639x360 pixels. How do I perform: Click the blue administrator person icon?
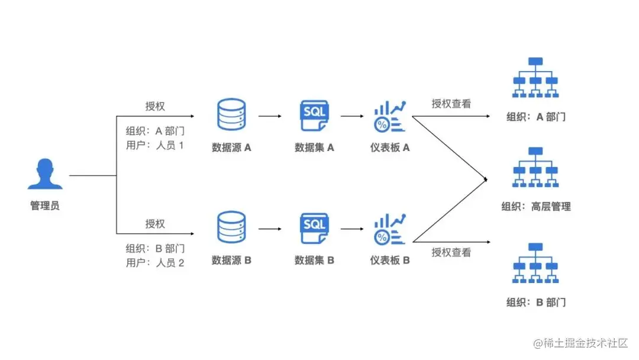click(45, 175)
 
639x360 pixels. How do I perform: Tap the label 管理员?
click(45, 206)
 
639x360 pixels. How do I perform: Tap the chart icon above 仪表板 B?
click(390, 229)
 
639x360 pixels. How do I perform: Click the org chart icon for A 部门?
click(535, 78)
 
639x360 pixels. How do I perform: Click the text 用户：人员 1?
click(155, 145)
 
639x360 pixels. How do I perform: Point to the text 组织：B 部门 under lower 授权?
click(155, 249)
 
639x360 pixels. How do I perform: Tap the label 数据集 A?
click(314, 147)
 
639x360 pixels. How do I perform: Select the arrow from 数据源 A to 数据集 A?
click(270, 117)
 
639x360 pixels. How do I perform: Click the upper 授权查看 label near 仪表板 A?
click(451, 104)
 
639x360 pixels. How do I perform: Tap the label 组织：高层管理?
click(535, 207)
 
